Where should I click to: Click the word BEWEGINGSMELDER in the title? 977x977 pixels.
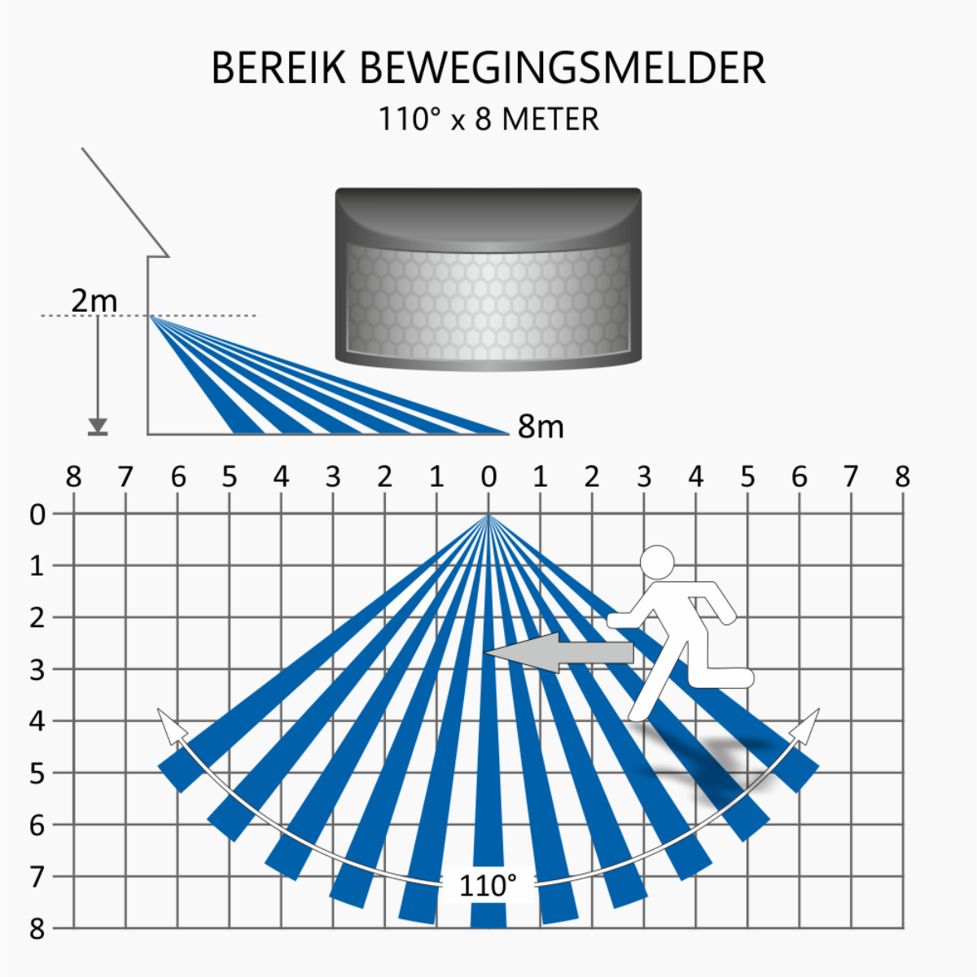click(x=563, y=68)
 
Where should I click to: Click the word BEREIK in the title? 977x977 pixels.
click(x=278, y=68)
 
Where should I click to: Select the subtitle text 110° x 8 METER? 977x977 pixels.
click(x=488, y=119)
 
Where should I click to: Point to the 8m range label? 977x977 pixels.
click(x=541, y=426)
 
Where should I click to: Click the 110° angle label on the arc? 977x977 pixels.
click(x=488, y=886)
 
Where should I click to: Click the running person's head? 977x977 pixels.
click(x=657, y=563)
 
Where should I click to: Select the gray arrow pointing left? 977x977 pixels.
click(x=559, y=652)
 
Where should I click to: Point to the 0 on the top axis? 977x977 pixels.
click(x=488, y=477)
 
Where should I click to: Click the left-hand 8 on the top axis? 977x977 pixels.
click(x=73, y=477)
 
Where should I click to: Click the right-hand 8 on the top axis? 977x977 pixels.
click(x=902, y=477)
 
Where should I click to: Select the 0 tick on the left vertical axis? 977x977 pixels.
click(x=37, y=515)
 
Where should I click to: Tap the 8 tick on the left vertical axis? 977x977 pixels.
click(x=37, y=930)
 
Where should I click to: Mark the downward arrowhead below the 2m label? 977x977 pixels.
click(x=98, y=425)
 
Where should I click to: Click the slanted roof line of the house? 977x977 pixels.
click(x=125, y=202)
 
